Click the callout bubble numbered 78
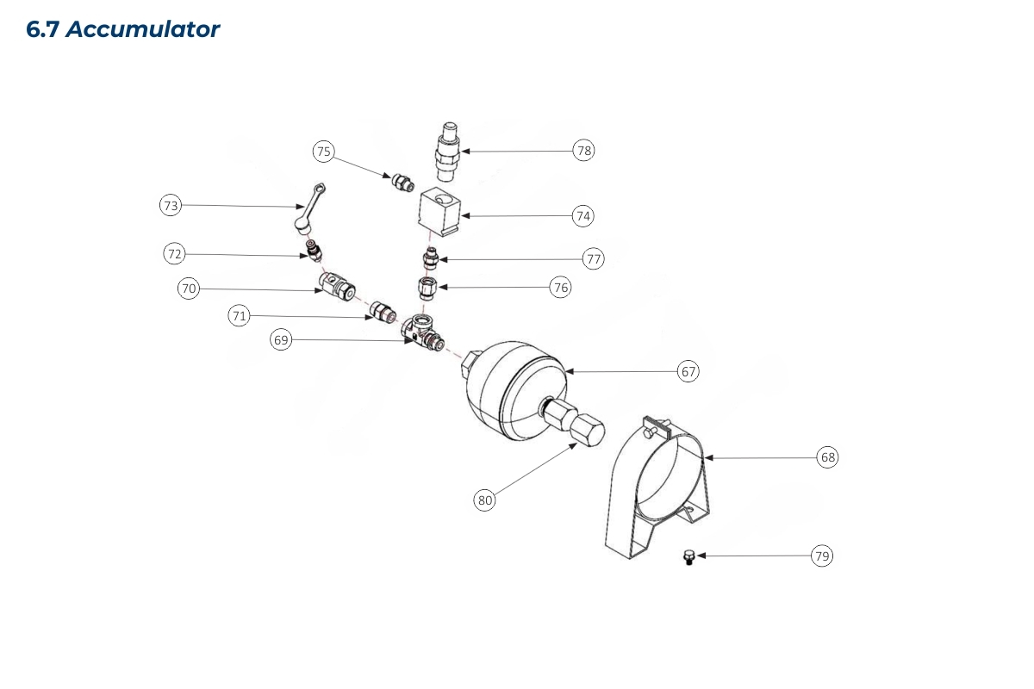coord(584,151)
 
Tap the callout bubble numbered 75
coord(323,152)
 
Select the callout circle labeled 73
coord(171,205)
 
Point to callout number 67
coord(688,371)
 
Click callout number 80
coord(485,500)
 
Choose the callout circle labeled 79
coord(822,556)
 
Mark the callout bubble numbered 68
coord(827,457)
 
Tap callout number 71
coord(239,316)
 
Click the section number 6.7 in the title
coord(43,29)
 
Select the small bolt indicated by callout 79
coord(688,558)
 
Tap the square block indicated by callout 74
coord(440,214)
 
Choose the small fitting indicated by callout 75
coord(402,183)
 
